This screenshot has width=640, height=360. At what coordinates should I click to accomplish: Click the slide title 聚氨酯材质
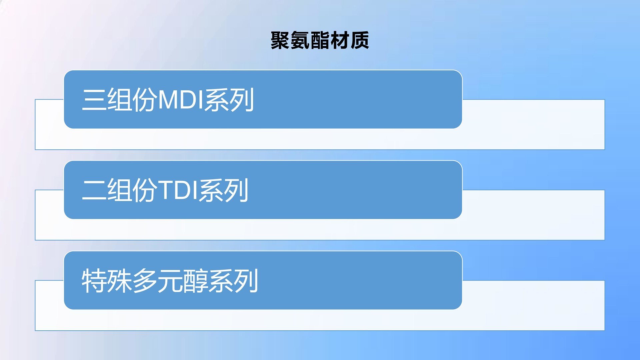320,40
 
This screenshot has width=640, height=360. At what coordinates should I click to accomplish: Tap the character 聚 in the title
280,40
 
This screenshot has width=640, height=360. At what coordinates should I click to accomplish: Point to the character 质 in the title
359,40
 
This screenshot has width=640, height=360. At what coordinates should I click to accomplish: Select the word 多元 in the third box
158,281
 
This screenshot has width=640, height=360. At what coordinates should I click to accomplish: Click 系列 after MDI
229,100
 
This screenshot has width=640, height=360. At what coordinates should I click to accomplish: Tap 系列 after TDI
224,190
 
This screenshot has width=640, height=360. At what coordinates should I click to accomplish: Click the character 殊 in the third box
120,281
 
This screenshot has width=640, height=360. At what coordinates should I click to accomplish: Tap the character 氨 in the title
300,40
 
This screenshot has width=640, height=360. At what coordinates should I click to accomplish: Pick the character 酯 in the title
320,40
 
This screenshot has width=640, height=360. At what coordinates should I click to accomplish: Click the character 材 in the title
340,40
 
